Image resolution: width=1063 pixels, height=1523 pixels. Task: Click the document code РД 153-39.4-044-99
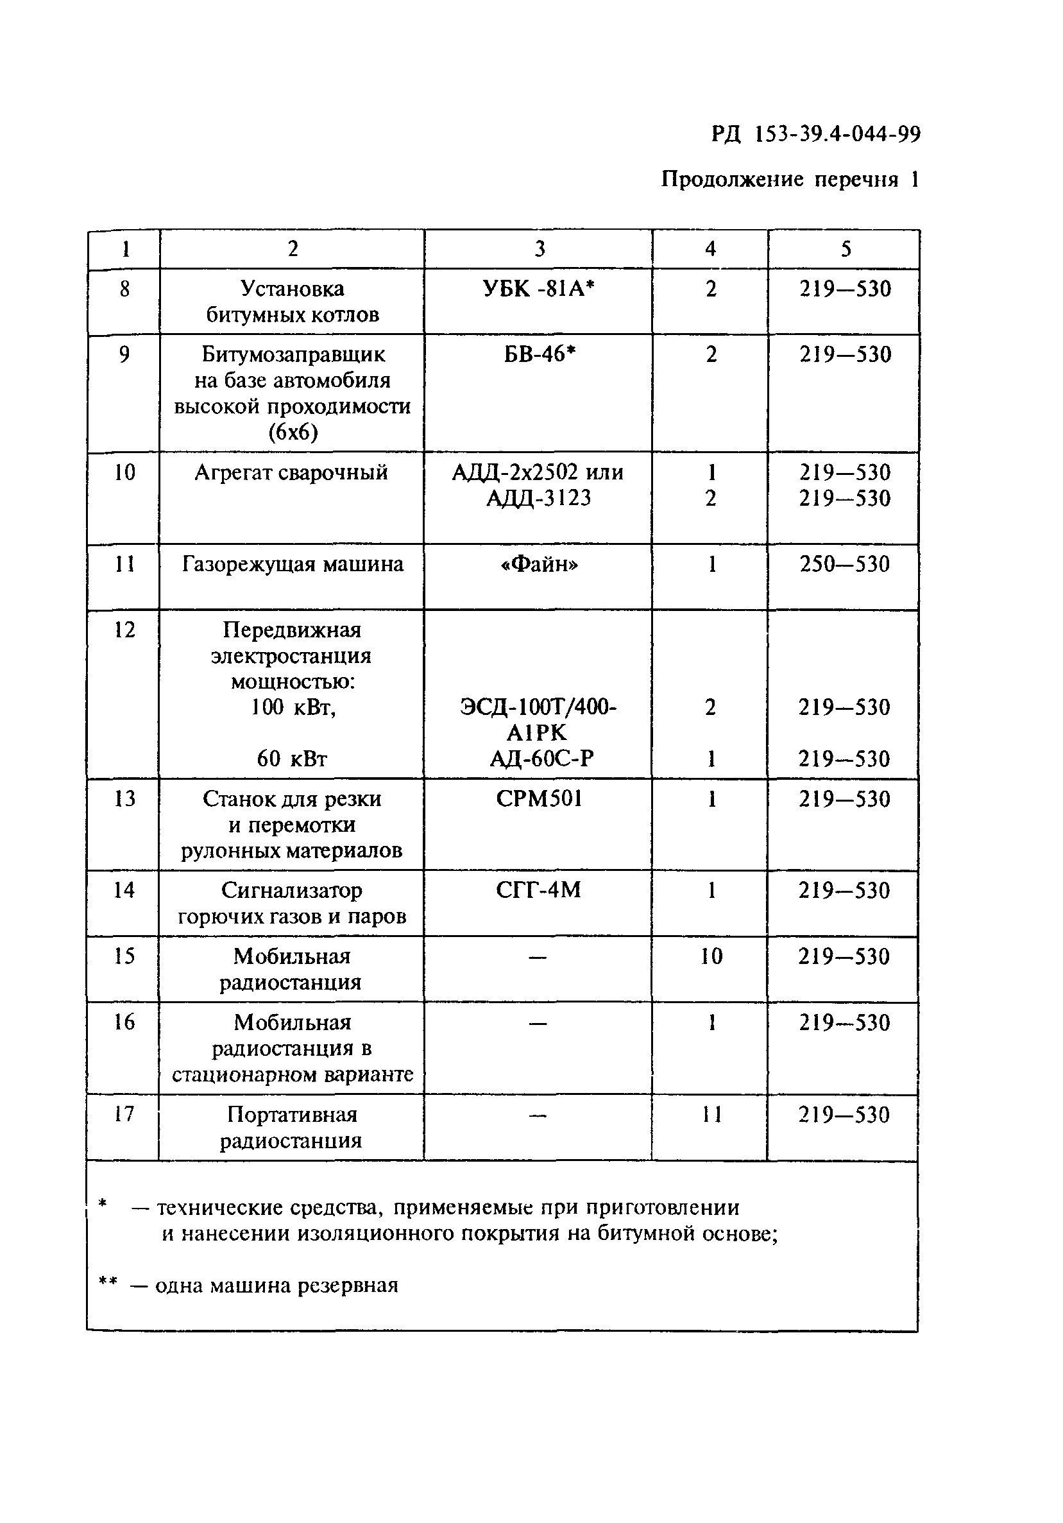click(815, 135)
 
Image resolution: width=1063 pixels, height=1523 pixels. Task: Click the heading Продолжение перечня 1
click(789, 179)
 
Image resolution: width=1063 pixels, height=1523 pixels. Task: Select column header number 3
click(539, 249)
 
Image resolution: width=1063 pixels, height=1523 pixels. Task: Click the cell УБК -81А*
click(538, 289)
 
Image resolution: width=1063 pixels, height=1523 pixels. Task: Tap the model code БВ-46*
click(539, 354)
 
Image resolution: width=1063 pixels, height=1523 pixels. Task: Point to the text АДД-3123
click(538, 498)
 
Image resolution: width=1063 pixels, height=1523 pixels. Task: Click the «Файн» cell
click(538, 565)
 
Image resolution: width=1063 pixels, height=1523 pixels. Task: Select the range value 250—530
click(844, 565)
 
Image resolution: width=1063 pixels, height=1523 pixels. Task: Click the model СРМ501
click(538, 798)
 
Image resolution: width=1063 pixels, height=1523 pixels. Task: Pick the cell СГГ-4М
click(538, 890)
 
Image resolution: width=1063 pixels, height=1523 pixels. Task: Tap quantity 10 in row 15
click(711, 956)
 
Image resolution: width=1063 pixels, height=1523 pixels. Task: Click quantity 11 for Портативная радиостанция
click(711, 1114)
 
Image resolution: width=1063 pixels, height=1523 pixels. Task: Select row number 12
click(124, 630)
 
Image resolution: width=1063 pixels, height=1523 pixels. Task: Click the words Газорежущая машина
click(293, 565)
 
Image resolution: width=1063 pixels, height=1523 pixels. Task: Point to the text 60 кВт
click(292, 758)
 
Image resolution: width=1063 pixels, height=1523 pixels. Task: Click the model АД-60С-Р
click(541, 758)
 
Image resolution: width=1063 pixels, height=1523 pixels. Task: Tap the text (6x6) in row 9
click(293, 433)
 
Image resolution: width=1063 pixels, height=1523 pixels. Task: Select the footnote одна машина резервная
click(276, 1286)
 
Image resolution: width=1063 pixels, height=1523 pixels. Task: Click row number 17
click(124, 1114)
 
